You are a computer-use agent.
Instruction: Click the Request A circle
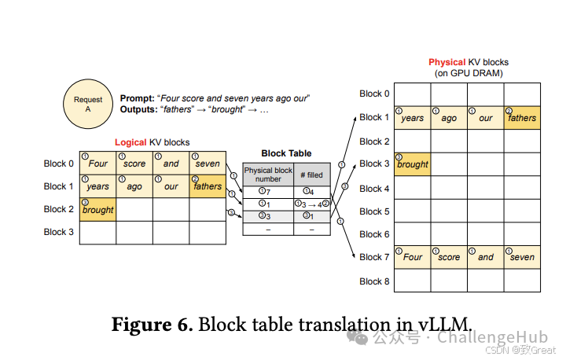(x=88, y=105)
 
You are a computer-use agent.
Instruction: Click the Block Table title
(x=286, y=153)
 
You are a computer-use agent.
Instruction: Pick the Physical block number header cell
(x=268, y=174)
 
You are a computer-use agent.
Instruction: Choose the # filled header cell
(x=311, y=174)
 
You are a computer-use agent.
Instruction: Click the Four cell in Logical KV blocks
(x=97, y=163)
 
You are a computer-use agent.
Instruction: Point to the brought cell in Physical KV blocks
(x=412, y=163)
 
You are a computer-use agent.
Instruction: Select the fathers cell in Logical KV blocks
(x=208, y=186)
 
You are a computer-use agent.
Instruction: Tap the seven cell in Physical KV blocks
(x=522, y=256)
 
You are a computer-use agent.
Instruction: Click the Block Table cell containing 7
(x=268, y=191)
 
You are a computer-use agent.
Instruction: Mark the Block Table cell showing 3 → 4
(x=311, y=204)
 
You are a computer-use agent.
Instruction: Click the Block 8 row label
(x=374, y=281)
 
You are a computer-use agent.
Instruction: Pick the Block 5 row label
(x=374, y=211)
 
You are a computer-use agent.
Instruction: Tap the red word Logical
(x=130, y=142)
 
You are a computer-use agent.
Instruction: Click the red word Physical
(x=447, y=62)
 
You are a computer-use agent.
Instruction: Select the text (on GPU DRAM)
(x=469, y=73)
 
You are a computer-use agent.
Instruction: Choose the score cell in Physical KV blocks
(x=449, y=256)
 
